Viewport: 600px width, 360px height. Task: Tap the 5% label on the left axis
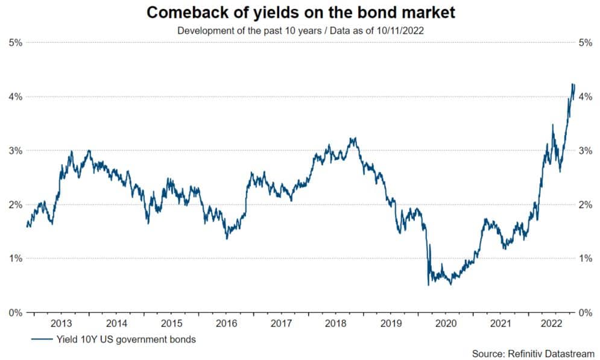point(15,43)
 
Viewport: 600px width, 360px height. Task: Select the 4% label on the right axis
point(584,96)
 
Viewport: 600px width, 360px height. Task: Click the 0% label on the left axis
point(15,312)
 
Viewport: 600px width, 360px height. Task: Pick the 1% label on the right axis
point(584,259)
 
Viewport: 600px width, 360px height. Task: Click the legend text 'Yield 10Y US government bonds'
point(126,339)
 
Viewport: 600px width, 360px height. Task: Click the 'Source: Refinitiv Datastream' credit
point(533,353)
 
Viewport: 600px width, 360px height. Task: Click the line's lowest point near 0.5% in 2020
point(428,285)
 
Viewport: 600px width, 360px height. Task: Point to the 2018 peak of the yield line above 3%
point(353,138)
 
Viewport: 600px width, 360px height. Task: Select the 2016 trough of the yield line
point(227,239)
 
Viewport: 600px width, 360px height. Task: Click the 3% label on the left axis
point(15,151)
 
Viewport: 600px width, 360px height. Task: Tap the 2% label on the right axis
point(584,205)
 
